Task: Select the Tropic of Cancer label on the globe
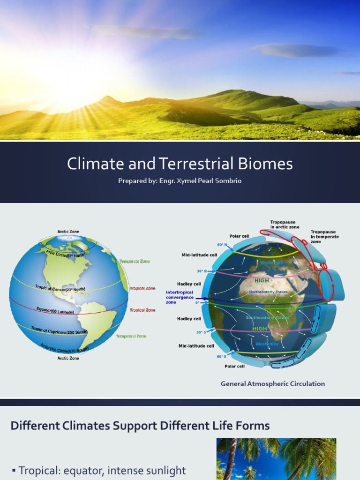pos(60,288)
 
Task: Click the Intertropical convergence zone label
pos(180,297)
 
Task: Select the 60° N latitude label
pos(222,245)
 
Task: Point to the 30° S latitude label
pos(201,332)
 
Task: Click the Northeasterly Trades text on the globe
pos(268,292)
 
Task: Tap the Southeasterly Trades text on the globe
pos(268,318)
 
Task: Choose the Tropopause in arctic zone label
pos(285,225)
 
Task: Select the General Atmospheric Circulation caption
pos(273,384)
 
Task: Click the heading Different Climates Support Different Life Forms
pos(140,426)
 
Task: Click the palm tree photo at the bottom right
pos(276,459)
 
